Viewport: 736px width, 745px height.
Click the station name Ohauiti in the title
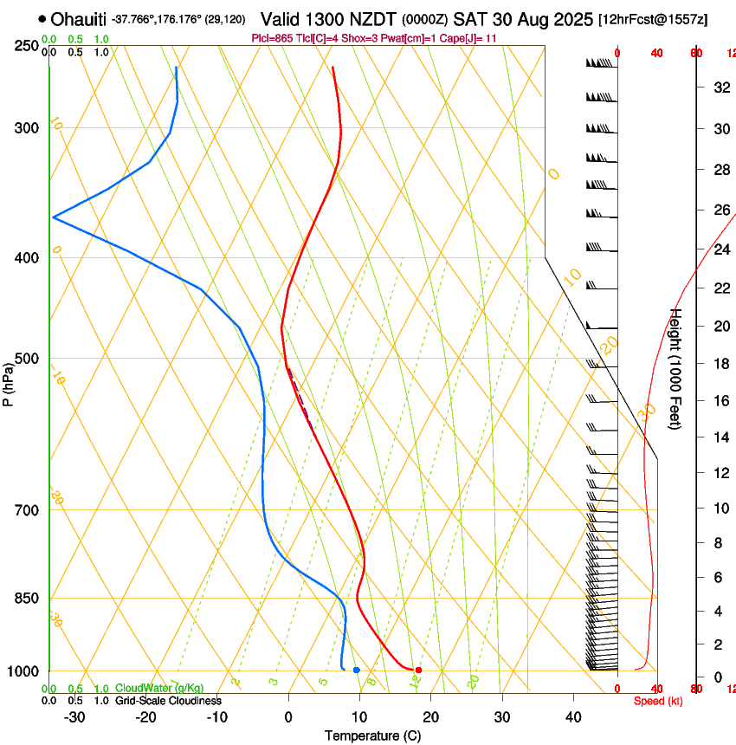click(x=79, y=19)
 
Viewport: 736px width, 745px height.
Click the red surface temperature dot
click(x=418, y=670)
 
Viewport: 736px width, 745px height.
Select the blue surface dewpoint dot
click(x=356, y=670)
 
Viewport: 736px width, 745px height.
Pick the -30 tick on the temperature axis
click(x=74, y=716)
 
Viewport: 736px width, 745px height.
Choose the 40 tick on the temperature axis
click(x=573, y=716)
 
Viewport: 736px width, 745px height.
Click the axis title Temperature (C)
click(x=372, y=735)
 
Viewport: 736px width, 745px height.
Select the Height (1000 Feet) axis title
click(x=676, y=368)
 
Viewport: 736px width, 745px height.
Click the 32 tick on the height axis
click(x=719, y=87)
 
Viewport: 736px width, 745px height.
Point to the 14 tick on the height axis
click(x=719, y=437)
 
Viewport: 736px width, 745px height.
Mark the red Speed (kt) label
click(x=657, y=701)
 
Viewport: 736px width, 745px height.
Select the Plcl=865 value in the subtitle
click(x=270, y=38)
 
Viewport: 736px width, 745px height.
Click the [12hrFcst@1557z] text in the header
click(x=652, y=19)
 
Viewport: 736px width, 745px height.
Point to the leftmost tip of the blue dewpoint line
click(x=53, y=217)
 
